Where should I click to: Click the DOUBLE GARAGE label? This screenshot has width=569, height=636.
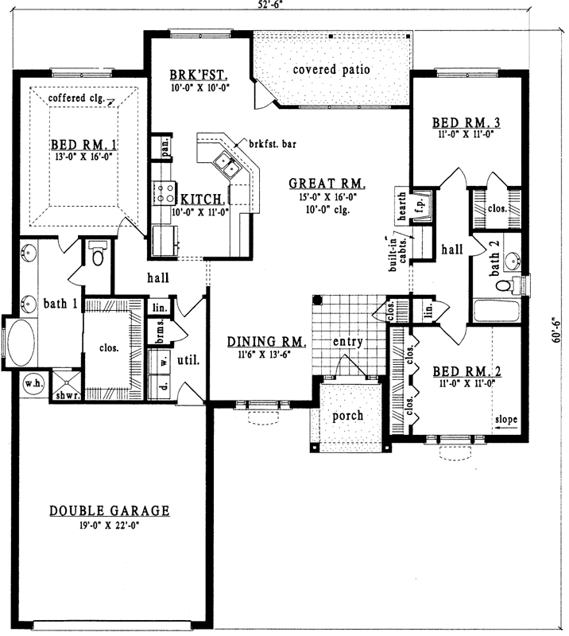(x=109, y=510)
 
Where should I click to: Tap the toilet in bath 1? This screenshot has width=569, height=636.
(x=98, y=255)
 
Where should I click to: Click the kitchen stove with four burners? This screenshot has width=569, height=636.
(x=165, y=192)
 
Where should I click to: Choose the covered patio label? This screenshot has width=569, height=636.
(x=331, y=69)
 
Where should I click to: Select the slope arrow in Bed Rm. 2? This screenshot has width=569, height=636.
(x=506, y=426)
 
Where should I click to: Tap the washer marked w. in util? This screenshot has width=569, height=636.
(x=165, y=360)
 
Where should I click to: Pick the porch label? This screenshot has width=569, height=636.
(x=348, y=415)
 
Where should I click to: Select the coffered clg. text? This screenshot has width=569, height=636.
(x=77, y=98)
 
